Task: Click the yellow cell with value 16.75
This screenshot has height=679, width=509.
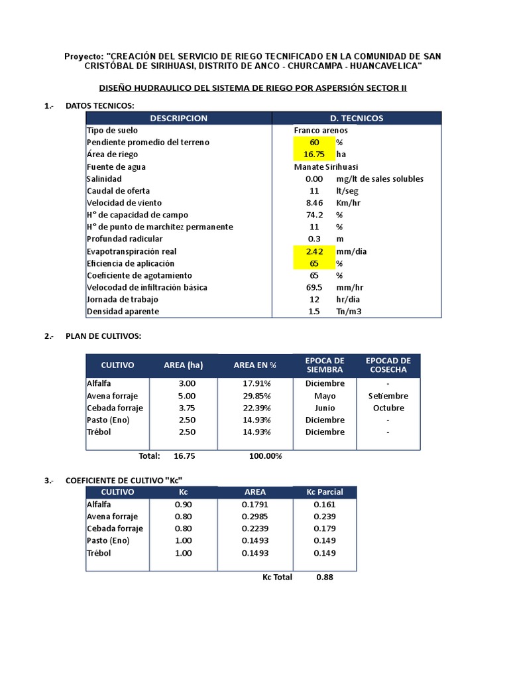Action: (314, 154)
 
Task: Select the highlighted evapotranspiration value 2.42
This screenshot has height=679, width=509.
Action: (314, 251)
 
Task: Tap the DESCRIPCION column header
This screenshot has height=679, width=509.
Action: (178, 118)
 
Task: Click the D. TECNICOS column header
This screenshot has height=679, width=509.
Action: (357, 118)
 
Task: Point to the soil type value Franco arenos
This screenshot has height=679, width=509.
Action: (321, 131)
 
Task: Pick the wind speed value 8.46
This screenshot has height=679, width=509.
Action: (314, 203)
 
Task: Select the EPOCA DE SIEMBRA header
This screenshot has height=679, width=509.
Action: (325, 365)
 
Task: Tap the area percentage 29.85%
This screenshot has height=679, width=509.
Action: (255, 396)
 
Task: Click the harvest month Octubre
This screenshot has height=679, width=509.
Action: (388, 408)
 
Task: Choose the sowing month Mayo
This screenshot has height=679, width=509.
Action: (325, 396)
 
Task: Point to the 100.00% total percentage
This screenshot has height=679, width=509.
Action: (265, 456)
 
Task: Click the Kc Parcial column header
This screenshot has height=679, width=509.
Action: (325, 492)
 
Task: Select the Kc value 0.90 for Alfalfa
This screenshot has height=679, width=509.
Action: (184, 505)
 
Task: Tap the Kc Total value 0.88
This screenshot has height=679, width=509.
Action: (325, 577)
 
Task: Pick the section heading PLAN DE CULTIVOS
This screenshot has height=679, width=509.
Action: (103, 336)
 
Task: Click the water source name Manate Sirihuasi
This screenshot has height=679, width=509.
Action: (326, 167)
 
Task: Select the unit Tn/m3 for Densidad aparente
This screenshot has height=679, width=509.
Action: (349, 312)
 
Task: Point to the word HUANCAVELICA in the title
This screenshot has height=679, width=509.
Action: (383, 66)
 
